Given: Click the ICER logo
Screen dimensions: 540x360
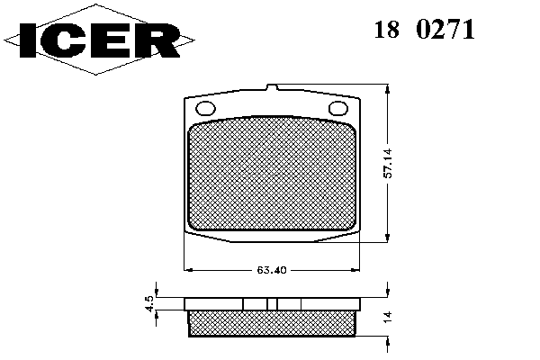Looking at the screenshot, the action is click(99, 40).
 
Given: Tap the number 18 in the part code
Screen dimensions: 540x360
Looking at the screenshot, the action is click(387, 30).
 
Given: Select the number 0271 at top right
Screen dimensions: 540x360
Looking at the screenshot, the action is click(445, 30).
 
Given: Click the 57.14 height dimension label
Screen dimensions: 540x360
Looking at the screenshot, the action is click(388, 163).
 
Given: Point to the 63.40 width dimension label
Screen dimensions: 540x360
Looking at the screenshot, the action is click(272, 270).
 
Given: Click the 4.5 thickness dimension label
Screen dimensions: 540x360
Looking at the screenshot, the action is click(149, 304).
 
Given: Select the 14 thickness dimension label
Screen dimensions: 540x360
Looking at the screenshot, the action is click(388, 316).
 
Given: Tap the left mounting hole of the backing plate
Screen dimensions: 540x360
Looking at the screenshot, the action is click(205, 108).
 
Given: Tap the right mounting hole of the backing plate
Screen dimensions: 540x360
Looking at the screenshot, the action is click(338, 108).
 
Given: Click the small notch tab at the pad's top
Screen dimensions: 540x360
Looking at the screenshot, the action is click(272, 87).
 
